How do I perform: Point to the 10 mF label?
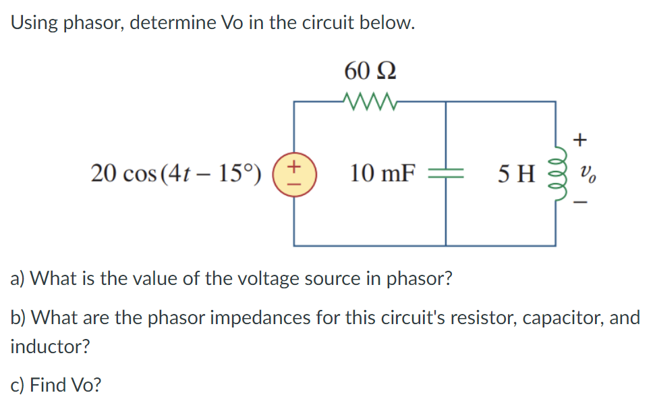(381, 174)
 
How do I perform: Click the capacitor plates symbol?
(445, 174)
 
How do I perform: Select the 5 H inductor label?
(516, 174)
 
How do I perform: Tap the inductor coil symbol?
(557, 174)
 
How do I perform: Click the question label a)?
(18, 278)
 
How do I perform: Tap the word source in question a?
(324, 278)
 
